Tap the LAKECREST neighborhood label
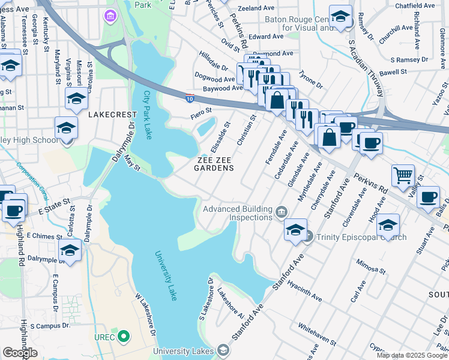coord(109,114)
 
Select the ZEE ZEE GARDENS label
coord(213,164)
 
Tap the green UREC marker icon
coord(124,337)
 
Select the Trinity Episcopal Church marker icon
coord(307,237)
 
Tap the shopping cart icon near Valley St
coord(402,175)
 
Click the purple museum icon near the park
coord(110,14)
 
